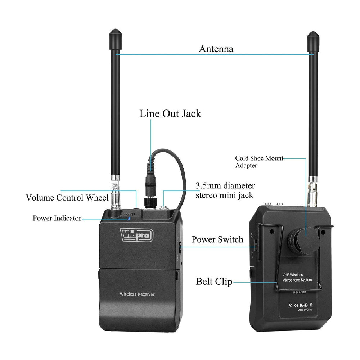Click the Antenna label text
(216, 49)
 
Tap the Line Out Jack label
(170, 114)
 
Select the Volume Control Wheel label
(67, 198)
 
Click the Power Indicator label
(57, 218)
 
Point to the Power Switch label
(217, 239)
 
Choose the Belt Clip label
(214, 281)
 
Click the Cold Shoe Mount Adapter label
(259, 162)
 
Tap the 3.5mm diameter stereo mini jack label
(225, 191)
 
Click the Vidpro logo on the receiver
(136, 235)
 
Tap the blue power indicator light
(129, 218)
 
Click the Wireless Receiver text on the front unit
(137, 294)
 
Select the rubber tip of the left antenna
(115, 34)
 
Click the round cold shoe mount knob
(306, 238)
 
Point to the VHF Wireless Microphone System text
(297, 277)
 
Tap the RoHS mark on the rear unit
(303, 305)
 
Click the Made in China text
(305, 310)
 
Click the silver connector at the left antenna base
(116, 196)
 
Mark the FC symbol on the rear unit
(290, 305)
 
